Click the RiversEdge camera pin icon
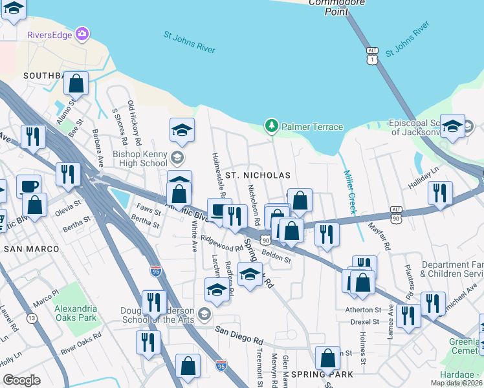pyautogui.click(x=82, y=33)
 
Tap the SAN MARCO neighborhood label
pyautogui.click(x=31, y=248)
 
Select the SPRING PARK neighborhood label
pyautogui.click(x=322, y=374)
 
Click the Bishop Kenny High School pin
pyautogui.click(x=177, y=158)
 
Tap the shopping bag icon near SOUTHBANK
pyautogui.click(x=76, y=83)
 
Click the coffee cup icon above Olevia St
pyautogui.click(x=28, y=186)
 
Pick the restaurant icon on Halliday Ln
pyautogui.click(x=440, y=193)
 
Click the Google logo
pyautogui.click(x=21, y=380)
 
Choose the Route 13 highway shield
pyautogui.click(x=32, y=318)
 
